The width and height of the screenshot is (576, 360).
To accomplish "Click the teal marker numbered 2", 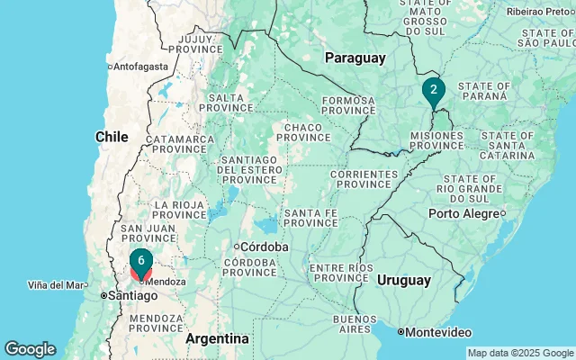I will (433, 90).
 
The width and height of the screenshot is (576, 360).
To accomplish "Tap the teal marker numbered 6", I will (140, 262).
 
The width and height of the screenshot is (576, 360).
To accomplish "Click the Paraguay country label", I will (355, 58).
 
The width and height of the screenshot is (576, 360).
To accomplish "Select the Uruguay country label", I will (403, 280).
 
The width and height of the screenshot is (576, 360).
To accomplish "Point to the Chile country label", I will (112, 136).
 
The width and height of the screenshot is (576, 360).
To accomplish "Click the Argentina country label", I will (217, 338).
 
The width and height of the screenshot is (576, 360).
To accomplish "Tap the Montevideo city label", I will (438, 332).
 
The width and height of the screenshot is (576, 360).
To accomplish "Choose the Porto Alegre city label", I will (463, 213).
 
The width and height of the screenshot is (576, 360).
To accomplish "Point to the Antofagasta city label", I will (141, 66).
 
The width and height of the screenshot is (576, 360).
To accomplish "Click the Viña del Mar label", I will (57, 285).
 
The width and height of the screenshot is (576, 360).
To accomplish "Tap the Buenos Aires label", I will (355, 324).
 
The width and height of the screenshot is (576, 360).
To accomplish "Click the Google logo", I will (30, 349).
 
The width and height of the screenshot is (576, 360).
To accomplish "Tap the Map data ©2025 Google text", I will (519, 353).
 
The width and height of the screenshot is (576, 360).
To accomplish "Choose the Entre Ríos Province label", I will (341, 273).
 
